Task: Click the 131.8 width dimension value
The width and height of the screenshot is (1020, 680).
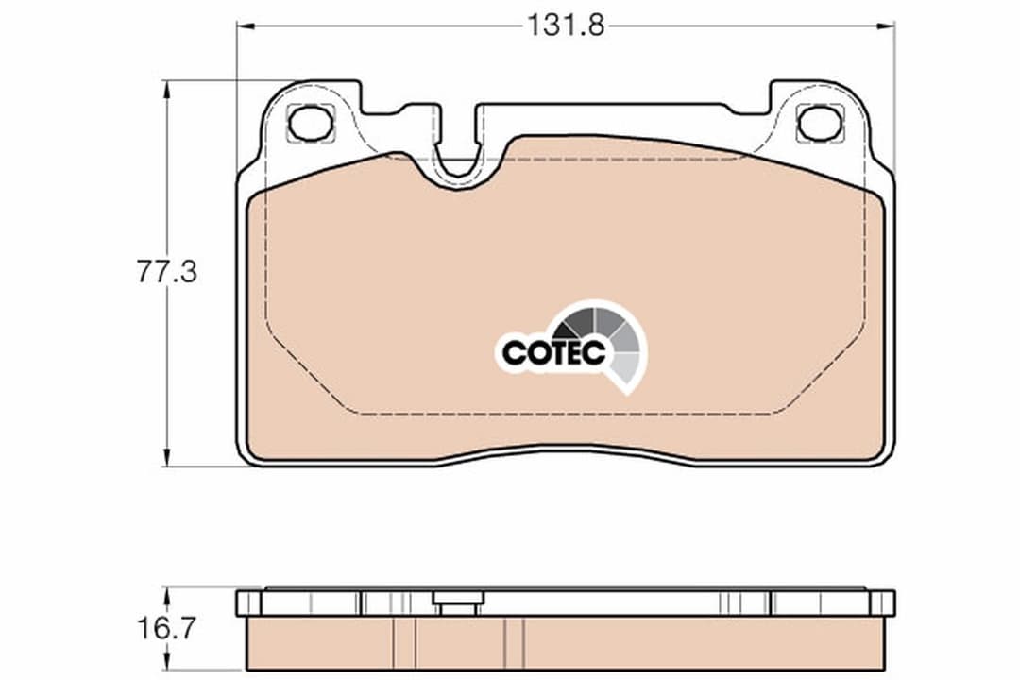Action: (565, 25)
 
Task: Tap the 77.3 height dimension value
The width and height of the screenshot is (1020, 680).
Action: (167, 274)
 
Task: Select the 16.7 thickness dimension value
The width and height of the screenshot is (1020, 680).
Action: (167, 629)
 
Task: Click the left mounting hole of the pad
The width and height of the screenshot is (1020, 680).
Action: (311, 123)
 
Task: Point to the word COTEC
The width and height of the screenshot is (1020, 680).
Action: (552, 352)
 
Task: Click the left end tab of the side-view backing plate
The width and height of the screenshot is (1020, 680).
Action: (246, 603)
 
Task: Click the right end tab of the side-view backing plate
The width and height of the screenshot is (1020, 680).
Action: (883, 603)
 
